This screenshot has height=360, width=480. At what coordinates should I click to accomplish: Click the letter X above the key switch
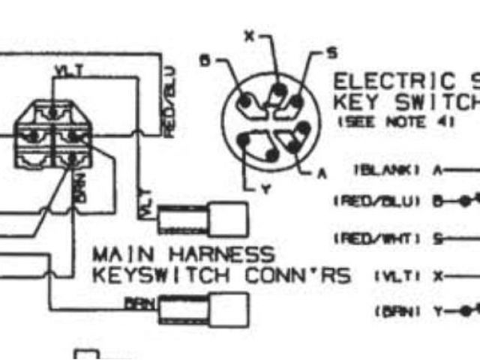click(x=250, y=35)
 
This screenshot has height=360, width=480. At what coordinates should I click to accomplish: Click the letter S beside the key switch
click(x=331, y=52)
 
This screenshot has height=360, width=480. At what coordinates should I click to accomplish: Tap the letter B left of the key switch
click(x=204, y=62)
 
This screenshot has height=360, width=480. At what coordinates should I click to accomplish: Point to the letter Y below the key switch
click(x=263, y=190)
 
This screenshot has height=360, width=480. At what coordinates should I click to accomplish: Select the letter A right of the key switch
click(x=322, y=173)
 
